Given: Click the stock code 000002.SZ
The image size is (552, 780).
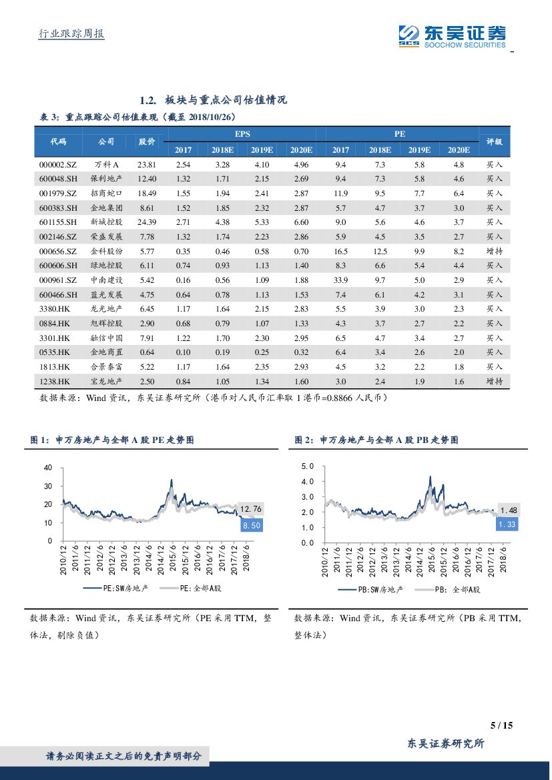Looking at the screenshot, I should (x=58, y=164).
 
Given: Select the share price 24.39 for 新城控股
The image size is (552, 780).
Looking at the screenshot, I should (x=147, y=222).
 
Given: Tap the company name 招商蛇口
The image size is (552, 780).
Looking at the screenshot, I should (x=107, y=193).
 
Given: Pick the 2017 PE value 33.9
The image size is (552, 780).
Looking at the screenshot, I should (x=340, y=280).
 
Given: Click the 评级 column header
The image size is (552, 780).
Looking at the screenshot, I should (x=494, y=141).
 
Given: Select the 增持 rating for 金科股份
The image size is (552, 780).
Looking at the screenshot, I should (x=494, y=252).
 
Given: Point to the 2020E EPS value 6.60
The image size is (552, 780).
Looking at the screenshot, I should (x=301, y=222).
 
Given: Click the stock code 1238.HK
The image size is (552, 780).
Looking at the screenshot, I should (x=55, y=381).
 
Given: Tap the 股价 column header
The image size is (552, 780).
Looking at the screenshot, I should (x=147, y=141).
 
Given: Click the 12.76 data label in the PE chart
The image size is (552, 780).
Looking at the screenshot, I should (x=251, y=510).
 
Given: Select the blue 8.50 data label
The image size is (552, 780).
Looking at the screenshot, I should (x=251, y=526).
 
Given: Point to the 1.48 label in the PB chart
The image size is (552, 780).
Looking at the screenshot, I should (x=509, y=510).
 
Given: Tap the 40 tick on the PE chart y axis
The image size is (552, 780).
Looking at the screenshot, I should (x=47, y=468).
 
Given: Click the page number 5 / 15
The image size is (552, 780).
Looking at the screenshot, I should (x=501, y=726).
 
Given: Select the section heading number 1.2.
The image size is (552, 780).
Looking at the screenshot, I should (x=148, y=100).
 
